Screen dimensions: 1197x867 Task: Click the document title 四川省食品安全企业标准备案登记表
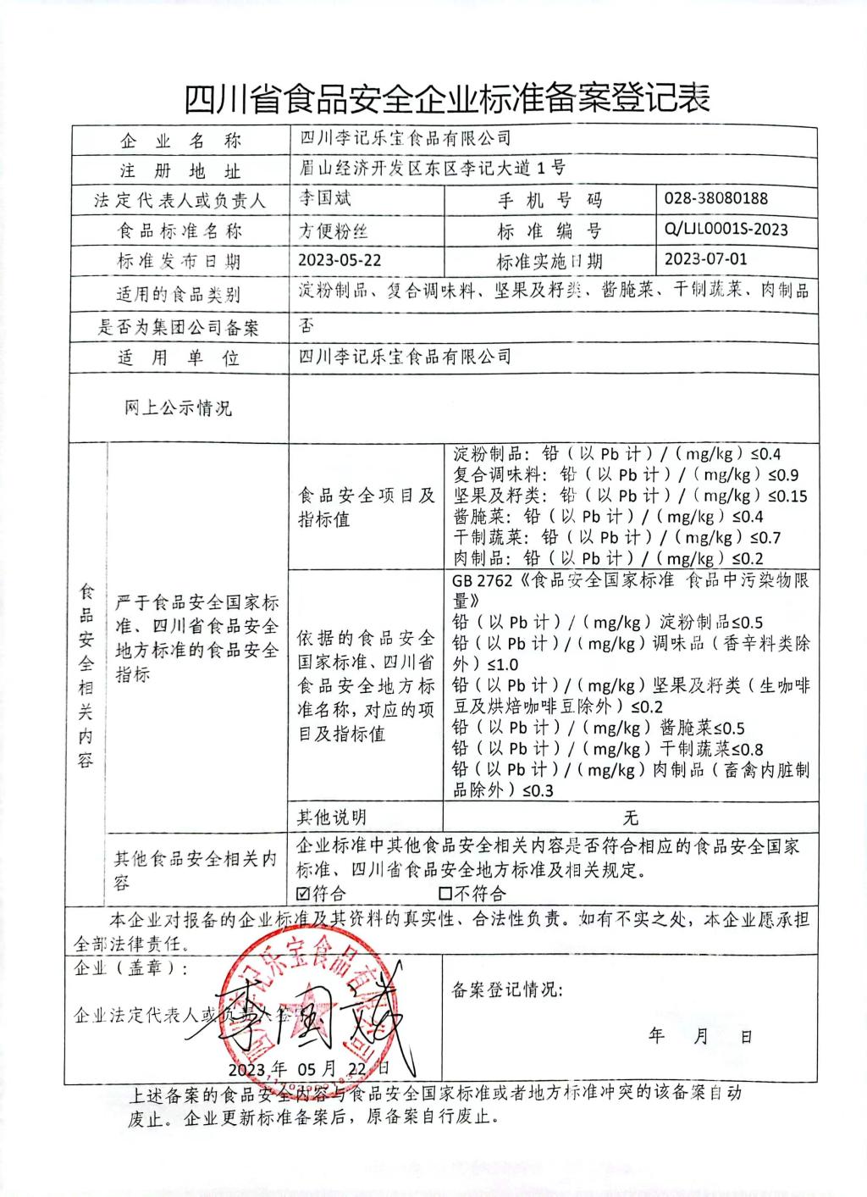[446, 99]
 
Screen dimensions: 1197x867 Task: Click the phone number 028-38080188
[716, 198]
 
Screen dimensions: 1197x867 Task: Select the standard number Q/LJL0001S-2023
[726, 229]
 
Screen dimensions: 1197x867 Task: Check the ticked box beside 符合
[304, 893]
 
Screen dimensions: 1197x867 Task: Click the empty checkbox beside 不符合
[445, 893]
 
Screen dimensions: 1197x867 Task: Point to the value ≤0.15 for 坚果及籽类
[787, 496]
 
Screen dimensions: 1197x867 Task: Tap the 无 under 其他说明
[630, 817]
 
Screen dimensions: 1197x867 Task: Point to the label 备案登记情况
[507, 989]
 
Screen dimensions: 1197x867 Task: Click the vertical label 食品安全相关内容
[85, 675]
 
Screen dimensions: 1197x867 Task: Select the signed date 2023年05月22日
[308, 1067]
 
